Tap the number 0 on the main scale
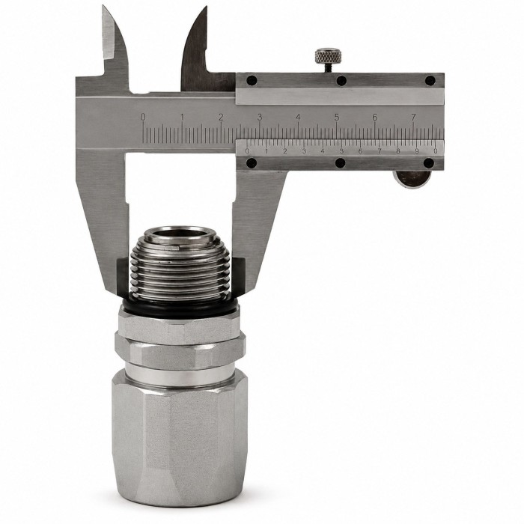pyautogui.click(x=143, y=117)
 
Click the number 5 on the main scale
pyautogui.click(x=337, y=118)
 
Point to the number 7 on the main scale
pyautogui.click(x=414, y=118)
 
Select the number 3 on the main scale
pyautogui.click(x=260, y=118)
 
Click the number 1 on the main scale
pyautogui.click(x=182, y=118)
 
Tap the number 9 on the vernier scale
pyautogui.click(x=417, y=151)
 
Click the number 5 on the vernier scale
pyautogui.click(x=341, y=151)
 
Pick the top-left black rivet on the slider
pyautogui.click(x=252, y=81)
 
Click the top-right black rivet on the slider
pyautogui.click(x=430, y=81)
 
